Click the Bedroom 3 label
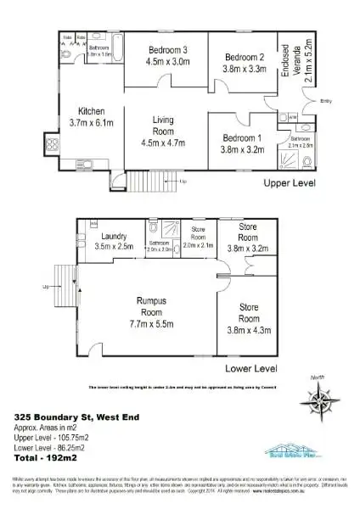[167, 49]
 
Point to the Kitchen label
[91, 111]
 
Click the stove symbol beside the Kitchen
[51, 143]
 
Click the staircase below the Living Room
[149, 182]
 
